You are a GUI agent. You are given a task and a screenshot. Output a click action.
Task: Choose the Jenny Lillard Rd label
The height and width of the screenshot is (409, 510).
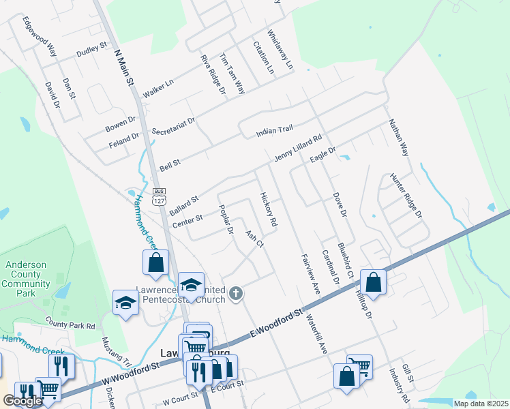click(x=298, y=148)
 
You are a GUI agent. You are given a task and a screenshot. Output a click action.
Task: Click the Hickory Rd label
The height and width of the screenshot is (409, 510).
click(x=269, y=209)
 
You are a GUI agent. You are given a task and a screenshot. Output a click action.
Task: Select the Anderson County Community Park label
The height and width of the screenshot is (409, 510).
click(x=27, y=279)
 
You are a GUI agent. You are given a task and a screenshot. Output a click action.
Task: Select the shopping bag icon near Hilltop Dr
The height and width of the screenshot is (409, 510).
click(x=374, y=281)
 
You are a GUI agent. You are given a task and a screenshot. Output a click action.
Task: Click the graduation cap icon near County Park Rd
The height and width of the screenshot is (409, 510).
click(x=125, y=302)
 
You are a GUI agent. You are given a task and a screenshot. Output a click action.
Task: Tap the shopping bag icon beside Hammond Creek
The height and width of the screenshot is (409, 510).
click(x=155, y=262)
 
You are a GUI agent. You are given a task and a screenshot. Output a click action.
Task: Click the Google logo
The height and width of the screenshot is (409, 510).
click(x=22, y=402)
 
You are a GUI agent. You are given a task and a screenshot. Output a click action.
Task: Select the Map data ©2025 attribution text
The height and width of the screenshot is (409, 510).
click(x=481, y=404)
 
